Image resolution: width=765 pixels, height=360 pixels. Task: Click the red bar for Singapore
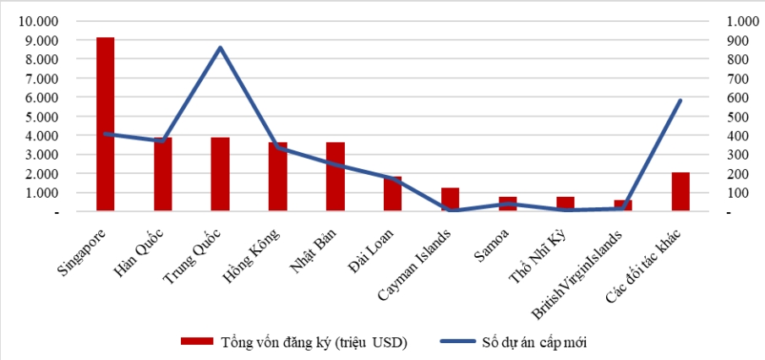[x=105, y=124]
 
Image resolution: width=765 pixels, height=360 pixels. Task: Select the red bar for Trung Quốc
[x=220, y=174]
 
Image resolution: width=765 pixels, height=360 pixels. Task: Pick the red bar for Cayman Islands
[x=451, y=199]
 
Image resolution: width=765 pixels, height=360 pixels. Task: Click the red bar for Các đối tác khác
[x=680, y=192]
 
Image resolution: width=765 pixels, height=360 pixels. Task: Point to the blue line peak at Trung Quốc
[x=220, y=47]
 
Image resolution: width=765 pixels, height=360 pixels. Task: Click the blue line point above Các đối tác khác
[x=680, y=101]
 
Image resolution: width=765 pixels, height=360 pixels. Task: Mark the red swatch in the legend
[x=197, y=342]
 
